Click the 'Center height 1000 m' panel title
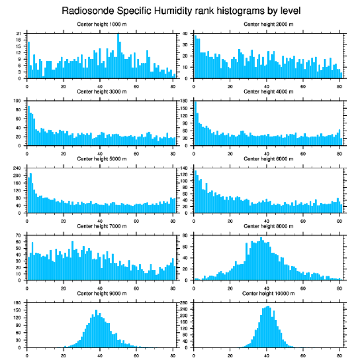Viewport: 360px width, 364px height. (101, 24)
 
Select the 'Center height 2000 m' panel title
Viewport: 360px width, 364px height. (268, 24)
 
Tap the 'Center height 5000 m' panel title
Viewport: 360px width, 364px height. (101, 159)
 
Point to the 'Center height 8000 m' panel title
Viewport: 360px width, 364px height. (268, 226)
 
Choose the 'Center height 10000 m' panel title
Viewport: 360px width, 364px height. (268, 293)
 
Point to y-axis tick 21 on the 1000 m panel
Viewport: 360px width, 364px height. (19, 34)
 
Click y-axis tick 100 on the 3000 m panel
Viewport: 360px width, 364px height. (18, 101)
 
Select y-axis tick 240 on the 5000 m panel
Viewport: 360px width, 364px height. (18, 168)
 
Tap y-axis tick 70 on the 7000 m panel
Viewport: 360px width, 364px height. (19, 235)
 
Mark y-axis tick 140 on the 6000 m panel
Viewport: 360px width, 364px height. (185, 168)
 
